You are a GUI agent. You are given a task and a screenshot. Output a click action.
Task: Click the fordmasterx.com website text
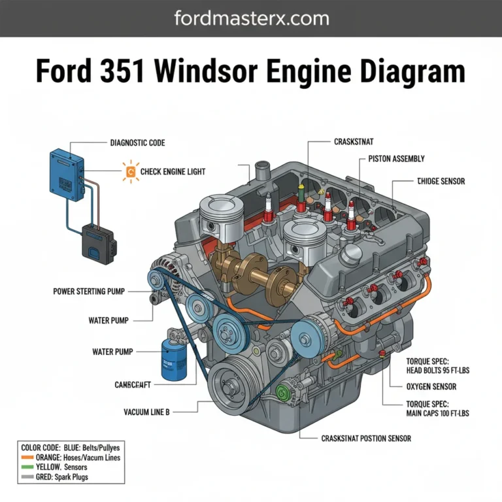click(x=250, y=18)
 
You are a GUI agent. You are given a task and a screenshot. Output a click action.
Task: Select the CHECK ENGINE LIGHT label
click(x=172, y=171)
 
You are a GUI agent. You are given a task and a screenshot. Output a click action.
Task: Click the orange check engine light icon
click(x=129, y=171)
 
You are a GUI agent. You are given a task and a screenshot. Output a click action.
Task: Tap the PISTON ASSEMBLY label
click(x=396, y=158)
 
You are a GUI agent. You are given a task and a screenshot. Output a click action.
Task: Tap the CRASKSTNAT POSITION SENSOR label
click(x=366, y=438)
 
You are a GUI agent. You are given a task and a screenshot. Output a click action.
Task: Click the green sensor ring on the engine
click(x=282, y=393)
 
